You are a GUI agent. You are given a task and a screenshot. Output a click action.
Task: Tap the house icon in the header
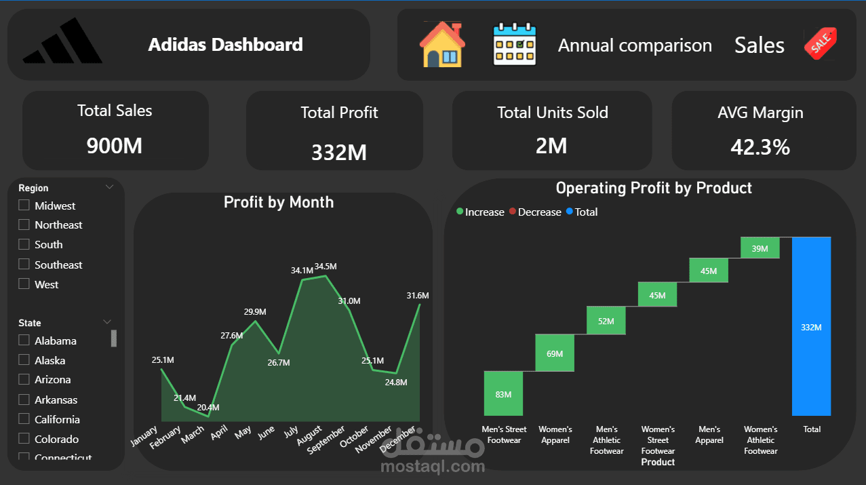coord(442,45)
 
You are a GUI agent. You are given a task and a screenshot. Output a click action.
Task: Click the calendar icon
coord(514,45)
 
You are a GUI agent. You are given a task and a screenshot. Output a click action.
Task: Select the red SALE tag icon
coord(820,45)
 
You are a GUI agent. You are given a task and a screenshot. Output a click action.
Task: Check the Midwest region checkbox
coord(24,206)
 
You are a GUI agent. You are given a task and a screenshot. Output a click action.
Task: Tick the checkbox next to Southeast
coord(24,265)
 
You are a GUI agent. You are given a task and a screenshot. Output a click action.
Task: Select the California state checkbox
coord(24,419)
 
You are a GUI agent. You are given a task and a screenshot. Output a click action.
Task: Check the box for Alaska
coord(24,360)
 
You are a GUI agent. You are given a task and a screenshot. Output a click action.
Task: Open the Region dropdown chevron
coord(109,187)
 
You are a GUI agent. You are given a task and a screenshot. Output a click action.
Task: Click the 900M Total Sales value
coord(115,145)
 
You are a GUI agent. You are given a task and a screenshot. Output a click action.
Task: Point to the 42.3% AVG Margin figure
coord(760,147)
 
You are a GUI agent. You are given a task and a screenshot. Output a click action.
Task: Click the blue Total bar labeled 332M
coord(811,326)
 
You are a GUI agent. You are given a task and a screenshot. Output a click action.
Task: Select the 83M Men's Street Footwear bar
coord(503,393)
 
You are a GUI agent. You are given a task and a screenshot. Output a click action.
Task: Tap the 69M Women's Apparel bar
coord(555,353)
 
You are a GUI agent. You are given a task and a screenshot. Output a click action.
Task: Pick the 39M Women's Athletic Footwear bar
coord(760,248)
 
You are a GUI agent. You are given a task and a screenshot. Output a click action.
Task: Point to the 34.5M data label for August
coord(326,267)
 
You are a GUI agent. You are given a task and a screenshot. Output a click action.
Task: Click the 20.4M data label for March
coord(208,408)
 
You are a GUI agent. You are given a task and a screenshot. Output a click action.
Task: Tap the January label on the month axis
coord(144,435)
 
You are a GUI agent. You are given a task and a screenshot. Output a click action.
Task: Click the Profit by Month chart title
coord(279,202)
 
